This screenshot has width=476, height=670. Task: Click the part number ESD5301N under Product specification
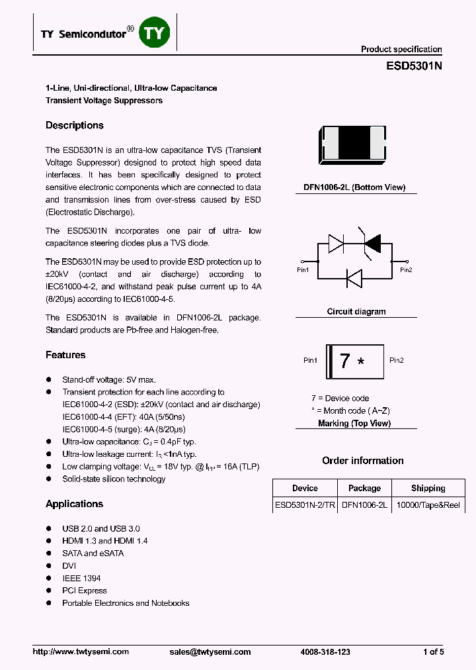coord(414,66)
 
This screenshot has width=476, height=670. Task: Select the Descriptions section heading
coord(75,126)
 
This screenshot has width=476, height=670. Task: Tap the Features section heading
coord(65,356)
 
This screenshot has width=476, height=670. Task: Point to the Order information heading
coord(362,461)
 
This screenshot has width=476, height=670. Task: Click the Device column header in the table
coord(305,489)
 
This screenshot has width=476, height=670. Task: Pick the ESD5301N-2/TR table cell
coord(305,505)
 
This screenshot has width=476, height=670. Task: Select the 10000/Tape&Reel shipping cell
coord(428,505)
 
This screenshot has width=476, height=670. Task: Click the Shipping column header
coord(428,489)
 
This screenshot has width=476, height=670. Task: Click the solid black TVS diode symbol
coord(372,244)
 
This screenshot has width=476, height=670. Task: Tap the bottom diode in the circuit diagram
coord(354,279)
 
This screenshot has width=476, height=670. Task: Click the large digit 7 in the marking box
coord(344,361)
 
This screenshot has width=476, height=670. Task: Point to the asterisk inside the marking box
coord(360,363)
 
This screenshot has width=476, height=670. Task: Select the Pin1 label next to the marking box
coord(311,361)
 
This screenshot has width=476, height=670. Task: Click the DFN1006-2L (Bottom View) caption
coord(354,187)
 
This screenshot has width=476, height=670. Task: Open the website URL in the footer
coord(81,652)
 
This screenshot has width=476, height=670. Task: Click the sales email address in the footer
coord(210,652)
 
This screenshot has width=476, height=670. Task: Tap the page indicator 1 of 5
coord(433,652)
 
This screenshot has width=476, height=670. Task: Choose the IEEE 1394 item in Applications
coord(81,579)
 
